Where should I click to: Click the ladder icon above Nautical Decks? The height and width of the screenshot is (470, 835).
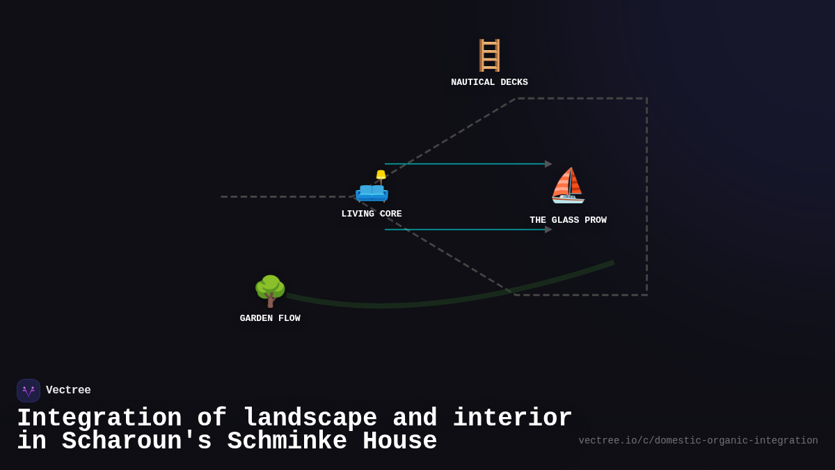pyautogui.click(x=489, y=55)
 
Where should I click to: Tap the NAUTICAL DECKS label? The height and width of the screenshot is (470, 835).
pyautogui.click(x=489, y=82)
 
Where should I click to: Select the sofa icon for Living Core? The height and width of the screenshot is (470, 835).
pyautogui.click(x=372, y=189)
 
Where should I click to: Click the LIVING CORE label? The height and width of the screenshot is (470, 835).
pyautogui.click(x=372, y=214)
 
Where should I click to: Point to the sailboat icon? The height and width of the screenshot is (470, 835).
pyautogui.click(x=568, y=186)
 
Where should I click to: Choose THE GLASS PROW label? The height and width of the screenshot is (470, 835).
pyautogui.click(x=568, y=220)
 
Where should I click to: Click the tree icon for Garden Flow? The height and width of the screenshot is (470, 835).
pyautogui.click(x=270, y=291)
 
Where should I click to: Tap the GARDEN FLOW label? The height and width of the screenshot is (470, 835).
pyautogui.click(x=270, y=318)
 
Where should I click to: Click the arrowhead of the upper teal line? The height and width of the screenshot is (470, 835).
pyautogui.click(x=548, y=164)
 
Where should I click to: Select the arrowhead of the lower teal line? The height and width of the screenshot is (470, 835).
pyautogui.click(x=548, y=230)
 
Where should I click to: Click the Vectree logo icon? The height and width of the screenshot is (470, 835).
pyautogui.click(x=29, y=391)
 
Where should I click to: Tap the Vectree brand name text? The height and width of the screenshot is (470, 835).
pyautogui.click(x=68, y=391)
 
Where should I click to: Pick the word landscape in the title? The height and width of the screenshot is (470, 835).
pyautogui.click(x=310, y=418)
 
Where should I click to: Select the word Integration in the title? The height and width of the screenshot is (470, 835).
pyautogui.click(x=99, y=418)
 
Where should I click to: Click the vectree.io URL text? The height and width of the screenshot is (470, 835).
pyautogui.click(x=698, y=441)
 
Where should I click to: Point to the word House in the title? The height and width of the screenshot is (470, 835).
pyautogui.click(x=399, y=441)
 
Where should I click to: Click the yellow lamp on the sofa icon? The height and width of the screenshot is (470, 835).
pyautogui.click(x=381, y=175)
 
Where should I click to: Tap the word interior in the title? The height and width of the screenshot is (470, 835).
pyautogui.click(x=512, y=418)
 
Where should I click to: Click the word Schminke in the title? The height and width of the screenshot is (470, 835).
pyautogui.click(x=287, y=441)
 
